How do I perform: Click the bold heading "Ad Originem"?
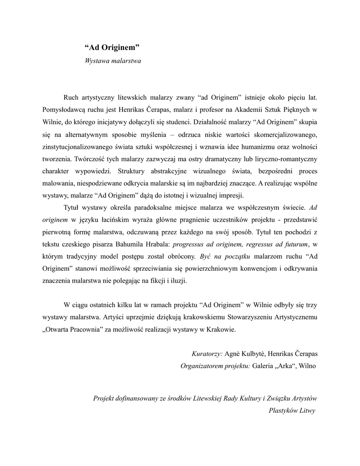pos(112,47)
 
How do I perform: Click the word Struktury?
pos(132,172)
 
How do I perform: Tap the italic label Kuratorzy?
pos(207,354)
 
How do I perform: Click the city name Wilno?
pos(309,365)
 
